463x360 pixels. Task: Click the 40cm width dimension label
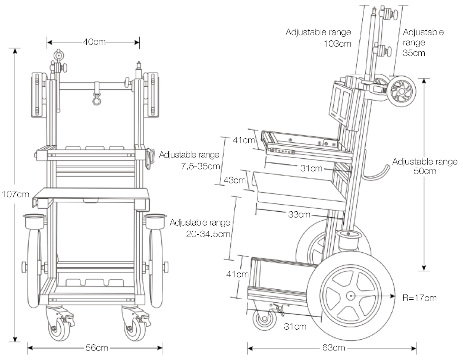point(93,42)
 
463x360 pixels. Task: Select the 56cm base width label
point(96,348)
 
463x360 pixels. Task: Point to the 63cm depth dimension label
point(335,348)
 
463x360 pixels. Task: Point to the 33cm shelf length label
point(299,214)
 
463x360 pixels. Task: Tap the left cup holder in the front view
point(34,221)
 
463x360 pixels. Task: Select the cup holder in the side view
point(349,240)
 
